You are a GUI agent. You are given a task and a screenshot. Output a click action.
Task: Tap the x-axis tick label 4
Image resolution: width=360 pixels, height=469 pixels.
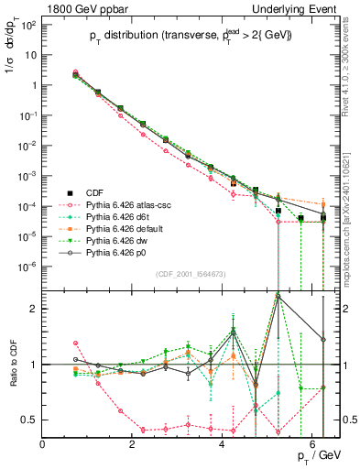click(223, 444)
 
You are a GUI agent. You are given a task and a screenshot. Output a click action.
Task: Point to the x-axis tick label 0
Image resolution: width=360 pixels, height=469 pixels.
click(43, 444)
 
